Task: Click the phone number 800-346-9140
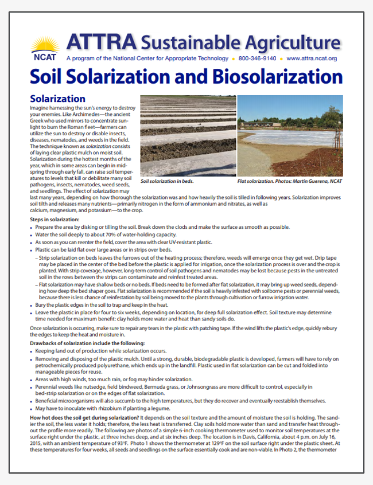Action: coord(258,58)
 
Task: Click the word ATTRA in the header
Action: coord(102,42)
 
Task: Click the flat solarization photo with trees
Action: coord(290,136)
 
